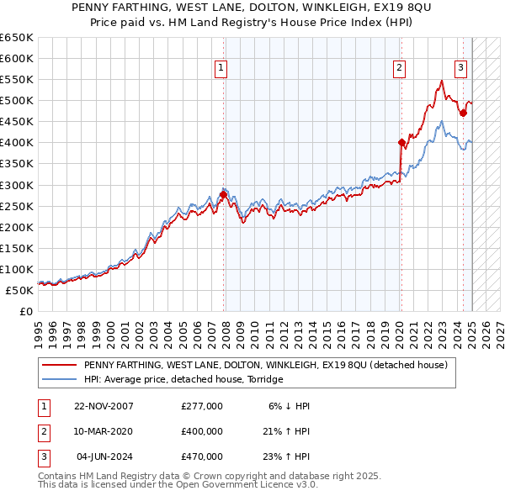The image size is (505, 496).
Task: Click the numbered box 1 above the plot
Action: pyautogui.click(x=221, y=68)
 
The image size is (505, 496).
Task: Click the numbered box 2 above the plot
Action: pyautogui.click(x=398, y=68)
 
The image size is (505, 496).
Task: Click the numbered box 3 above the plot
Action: pyautogui.click(x=461, y=68)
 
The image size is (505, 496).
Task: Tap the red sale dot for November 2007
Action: pyautogui.click(x=223, y=194)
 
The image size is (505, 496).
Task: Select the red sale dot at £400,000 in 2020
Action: pyautogui.click(x=401, y=142)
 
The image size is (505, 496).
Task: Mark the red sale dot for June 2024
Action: pyautogui.click(x=463, y=113)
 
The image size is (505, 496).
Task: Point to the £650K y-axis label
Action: pyautogui.click(x=17, y=38)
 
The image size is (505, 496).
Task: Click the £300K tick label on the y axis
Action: pyautogui.click(x=17, y=185)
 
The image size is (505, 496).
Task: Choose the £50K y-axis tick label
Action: pyautogui.click(x=20, y=290)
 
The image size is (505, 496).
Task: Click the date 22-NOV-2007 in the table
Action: pyautogui.click(x=104, y=406)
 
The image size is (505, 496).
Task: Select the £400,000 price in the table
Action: pyautogui.click(x=202, y=431)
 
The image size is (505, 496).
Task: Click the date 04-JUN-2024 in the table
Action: pyautogui.click(x=104, y=456)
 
